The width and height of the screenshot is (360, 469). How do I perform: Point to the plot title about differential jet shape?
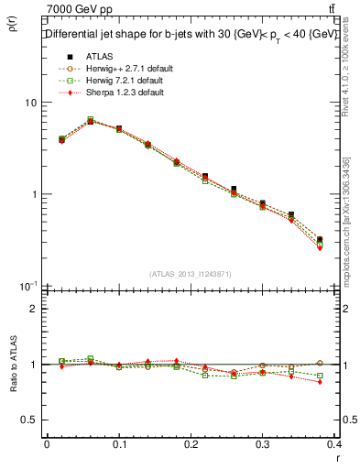(x=190, y=36)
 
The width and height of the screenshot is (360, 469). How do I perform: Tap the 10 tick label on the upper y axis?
(x=29, y=103)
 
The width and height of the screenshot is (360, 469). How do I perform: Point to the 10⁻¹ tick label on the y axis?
(x=27, y=285)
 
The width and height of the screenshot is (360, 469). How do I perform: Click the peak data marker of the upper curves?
(x=90, y=120)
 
